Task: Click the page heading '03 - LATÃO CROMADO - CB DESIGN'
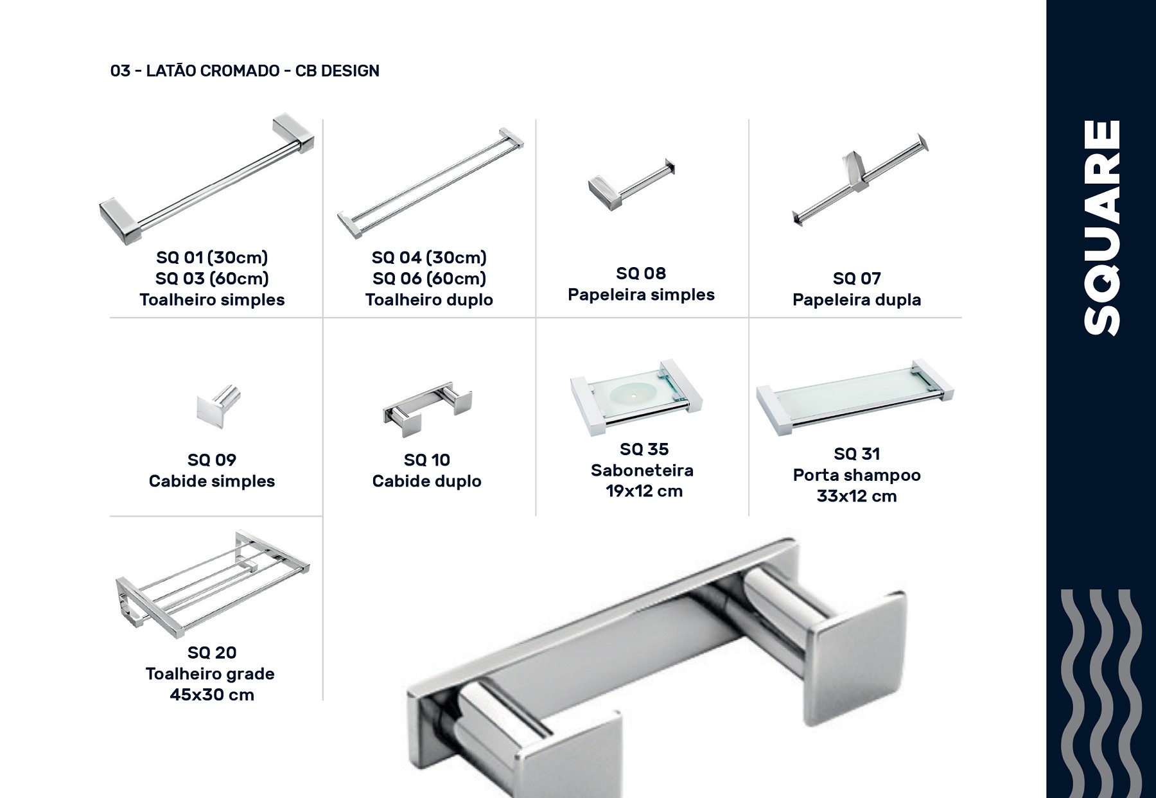[x=245, y=71]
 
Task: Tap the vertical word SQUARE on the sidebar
[x=1101, y=227]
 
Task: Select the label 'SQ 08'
[x=641, y=273]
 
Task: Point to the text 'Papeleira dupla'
[x=857, y=300]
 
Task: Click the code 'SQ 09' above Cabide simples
[x=212, y=460]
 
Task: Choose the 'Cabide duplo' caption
[x=426, y=481]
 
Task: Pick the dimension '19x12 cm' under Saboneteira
[x=644, y=491]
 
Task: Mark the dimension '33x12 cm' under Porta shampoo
[x=857, y=496]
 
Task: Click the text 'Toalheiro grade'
[x=210, y=674]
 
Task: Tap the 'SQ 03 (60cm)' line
[x=212, y=279]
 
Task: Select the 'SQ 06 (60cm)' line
[x=429, y=279]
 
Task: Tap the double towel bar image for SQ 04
[x=431, y=184]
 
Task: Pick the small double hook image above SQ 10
[x=428, y=410]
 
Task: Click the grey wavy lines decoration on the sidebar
[x=1101, y=693]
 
